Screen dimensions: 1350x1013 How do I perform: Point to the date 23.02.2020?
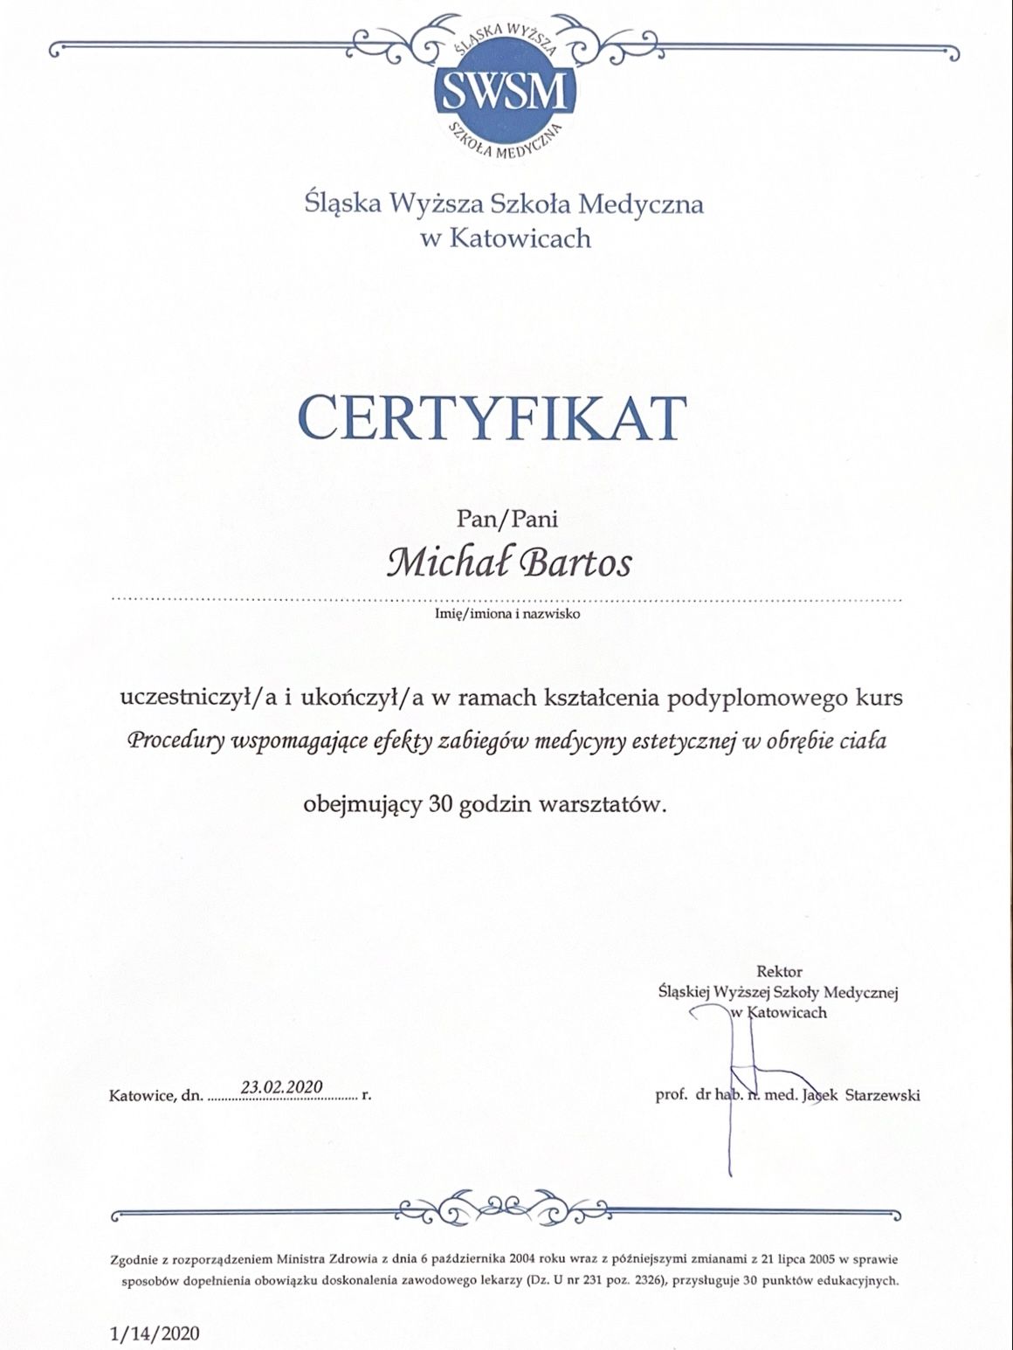281,1086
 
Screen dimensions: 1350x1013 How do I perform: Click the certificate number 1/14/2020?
155,1333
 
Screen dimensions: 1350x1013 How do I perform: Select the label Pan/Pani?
507,520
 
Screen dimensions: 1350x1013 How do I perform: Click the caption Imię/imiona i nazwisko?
507,613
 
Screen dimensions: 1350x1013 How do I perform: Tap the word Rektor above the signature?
779,971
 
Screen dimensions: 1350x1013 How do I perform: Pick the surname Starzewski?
883,1095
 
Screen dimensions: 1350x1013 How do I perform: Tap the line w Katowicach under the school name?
506,238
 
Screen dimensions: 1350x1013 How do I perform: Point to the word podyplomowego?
757,699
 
